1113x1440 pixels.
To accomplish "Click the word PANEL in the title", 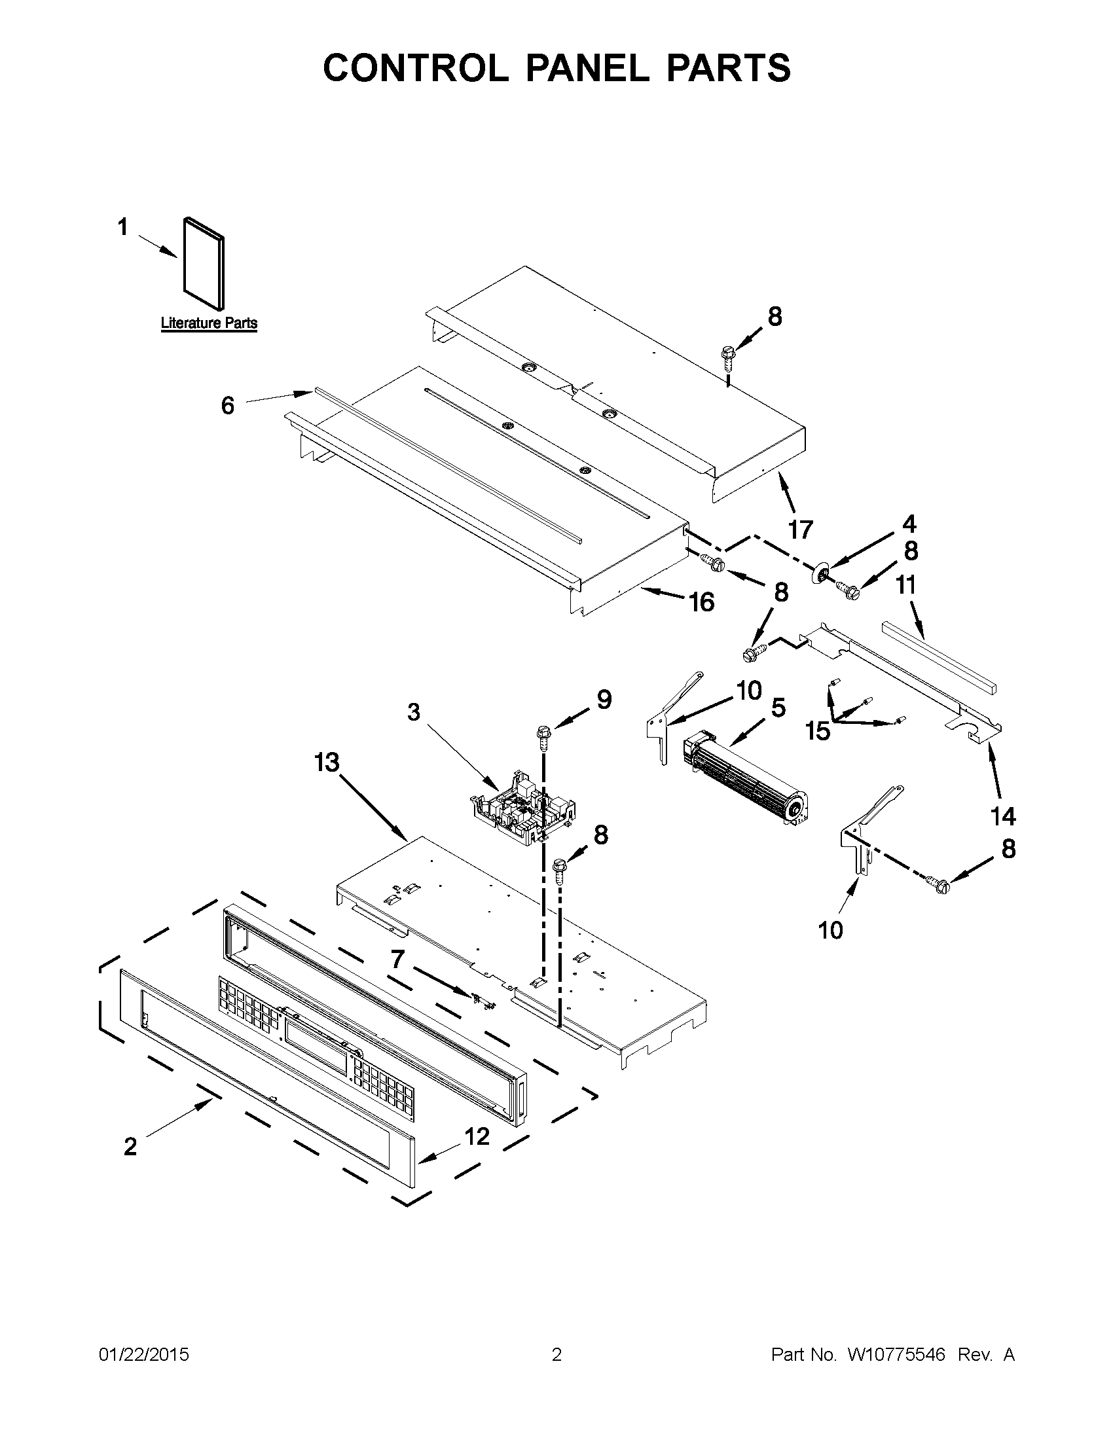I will tap(587, 67).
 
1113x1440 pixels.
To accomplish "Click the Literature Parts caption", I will tap(209, 323).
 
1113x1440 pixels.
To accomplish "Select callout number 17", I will tap(801, 529).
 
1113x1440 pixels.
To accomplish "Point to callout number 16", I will tap(702, 602).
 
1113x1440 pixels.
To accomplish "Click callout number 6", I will tap(227, 406).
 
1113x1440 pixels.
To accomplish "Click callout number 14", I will tap(1003, 816).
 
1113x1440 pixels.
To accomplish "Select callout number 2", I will tap(130, 1147).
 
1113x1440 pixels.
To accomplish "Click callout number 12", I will tap(477, 1136).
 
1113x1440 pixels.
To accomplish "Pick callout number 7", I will tap(397, 959).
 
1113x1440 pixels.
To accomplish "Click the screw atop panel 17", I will tap(729, 359).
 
